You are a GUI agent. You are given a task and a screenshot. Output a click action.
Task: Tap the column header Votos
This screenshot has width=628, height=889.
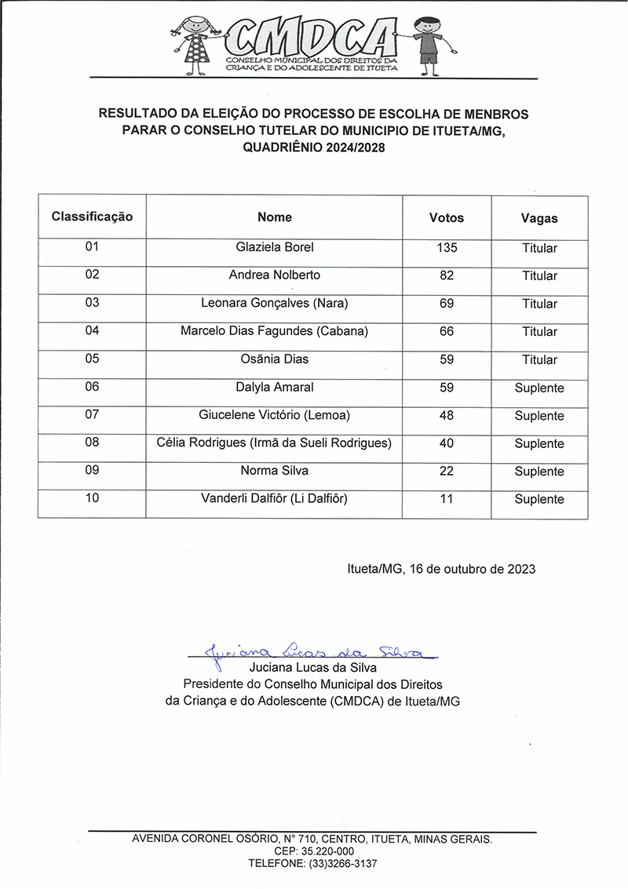coord(447,217)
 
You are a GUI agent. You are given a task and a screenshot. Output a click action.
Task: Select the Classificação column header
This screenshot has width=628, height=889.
coord(92,216)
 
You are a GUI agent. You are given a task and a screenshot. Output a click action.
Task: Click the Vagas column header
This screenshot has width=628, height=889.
coord(539,218)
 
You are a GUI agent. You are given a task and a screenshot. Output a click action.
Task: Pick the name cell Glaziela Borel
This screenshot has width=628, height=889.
coord(275,247)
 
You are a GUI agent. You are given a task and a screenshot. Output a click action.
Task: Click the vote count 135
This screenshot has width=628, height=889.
coord(447,248)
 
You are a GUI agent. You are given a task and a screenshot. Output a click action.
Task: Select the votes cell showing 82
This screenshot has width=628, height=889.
coord(447,275)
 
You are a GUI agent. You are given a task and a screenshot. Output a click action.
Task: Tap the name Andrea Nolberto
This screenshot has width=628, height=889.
coord(275,275)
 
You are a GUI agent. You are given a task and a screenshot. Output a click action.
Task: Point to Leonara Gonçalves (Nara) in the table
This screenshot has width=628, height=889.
coord(275,304)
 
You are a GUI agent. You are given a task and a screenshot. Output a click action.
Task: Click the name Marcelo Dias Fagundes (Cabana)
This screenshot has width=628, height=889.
coord(275,331)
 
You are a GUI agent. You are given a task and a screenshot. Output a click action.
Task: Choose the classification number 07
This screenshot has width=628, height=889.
coord(92,414)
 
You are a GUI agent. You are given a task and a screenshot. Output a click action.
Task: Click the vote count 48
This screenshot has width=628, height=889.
coord(447,415)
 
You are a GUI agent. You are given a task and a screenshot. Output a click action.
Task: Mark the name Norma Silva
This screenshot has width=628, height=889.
coord(275,471)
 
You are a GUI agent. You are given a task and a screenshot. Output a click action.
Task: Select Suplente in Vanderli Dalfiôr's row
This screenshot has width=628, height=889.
coord(539,499)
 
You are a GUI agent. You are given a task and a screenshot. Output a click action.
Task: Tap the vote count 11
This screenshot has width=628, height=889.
coord(447,499)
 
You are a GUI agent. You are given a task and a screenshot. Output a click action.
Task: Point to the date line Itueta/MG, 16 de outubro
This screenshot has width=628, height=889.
coord(441,569)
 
